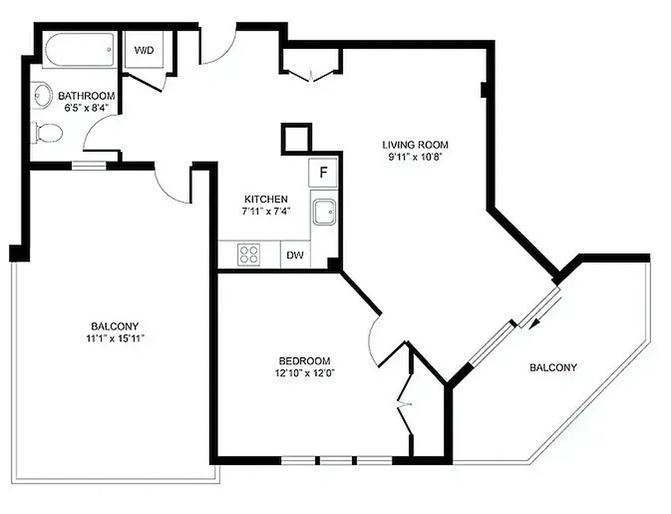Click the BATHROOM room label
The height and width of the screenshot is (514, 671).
point(87,96)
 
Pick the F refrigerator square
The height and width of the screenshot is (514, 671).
point(324,172)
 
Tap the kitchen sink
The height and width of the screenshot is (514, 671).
point(323,211)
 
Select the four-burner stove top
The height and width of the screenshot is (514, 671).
point(249,254)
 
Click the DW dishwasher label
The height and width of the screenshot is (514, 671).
point(295,255)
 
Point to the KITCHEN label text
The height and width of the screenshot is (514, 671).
point(266,199)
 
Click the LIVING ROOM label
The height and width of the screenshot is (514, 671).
point(415,145)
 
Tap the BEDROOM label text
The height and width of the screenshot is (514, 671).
point(304,361)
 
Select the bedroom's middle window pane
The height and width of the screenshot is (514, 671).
point(336,460)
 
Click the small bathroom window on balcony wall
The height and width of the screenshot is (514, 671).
point(89,165)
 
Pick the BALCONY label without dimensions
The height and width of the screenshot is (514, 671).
point(553,368)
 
